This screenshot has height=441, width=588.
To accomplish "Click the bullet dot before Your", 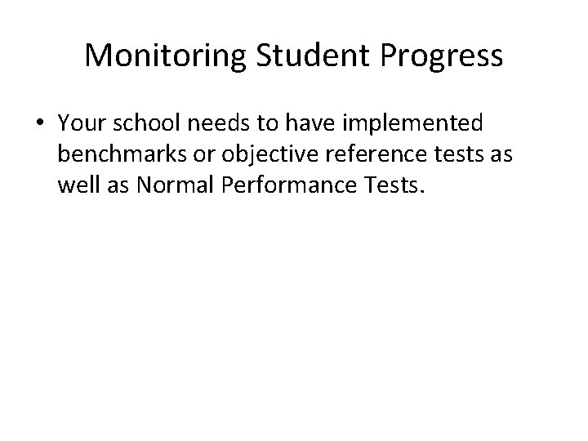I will pyautogui.click(x=40, y=124).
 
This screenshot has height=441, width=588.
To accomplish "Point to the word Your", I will pyautogui.click(x=82, y=123).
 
